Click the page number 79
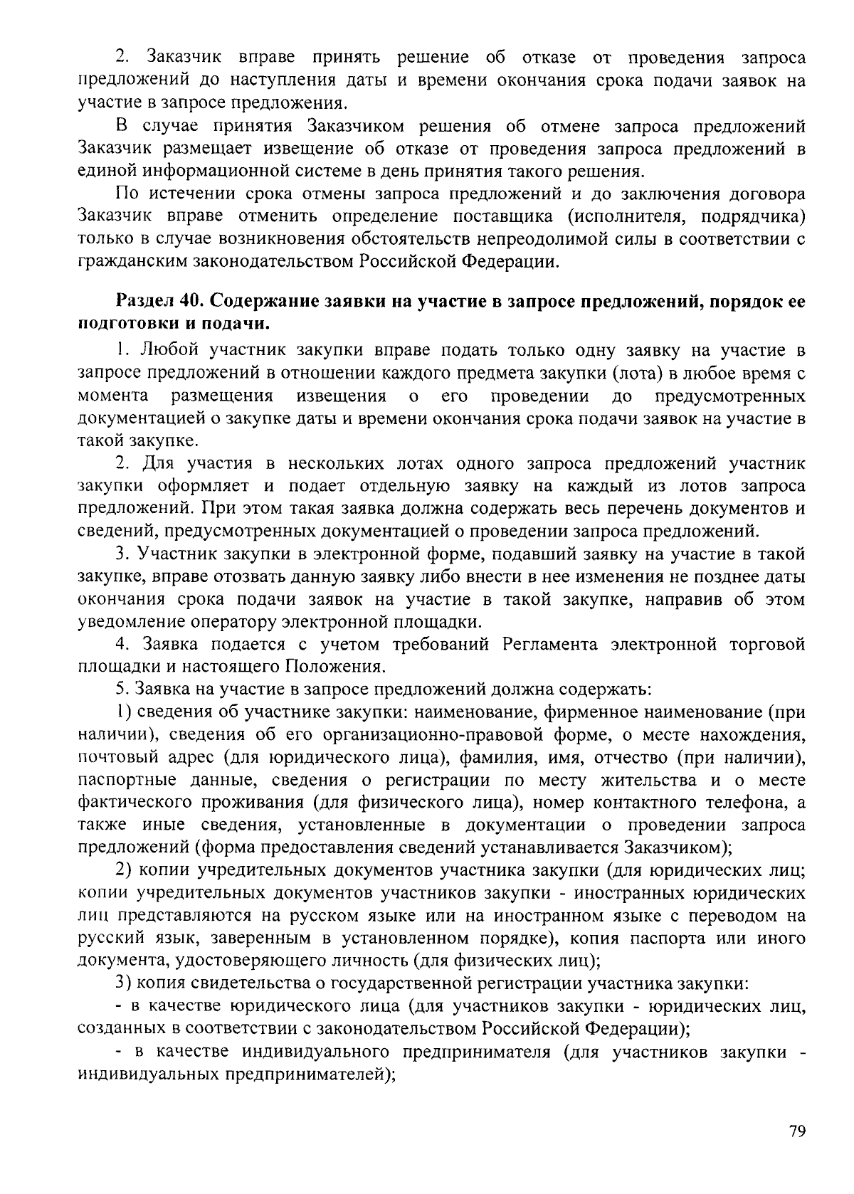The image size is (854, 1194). point(797,1131)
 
